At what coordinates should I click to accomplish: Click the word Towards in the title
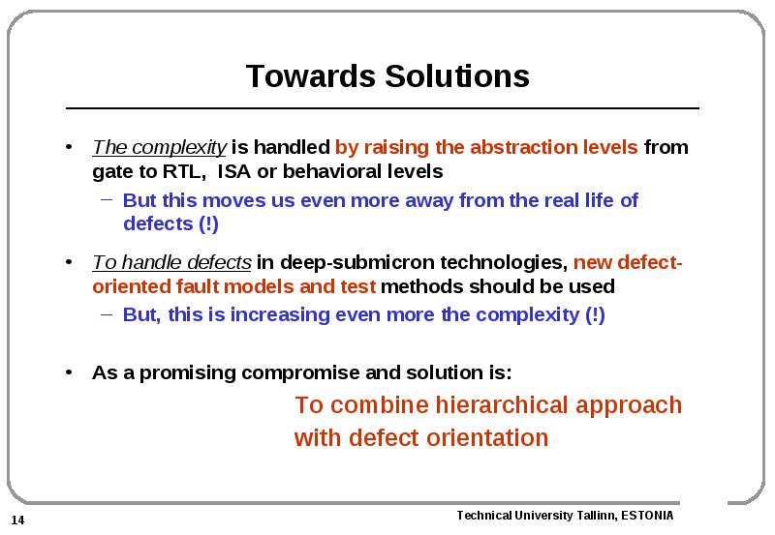point(311,76)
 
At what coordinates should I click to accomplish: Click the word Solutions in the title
point(457,76)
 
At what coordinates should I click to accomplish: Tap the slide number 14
point(17,520)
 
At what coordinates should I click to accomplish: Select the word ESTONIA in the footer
point(647,516)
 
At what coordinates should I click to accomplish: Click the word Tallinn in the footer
point(597,516)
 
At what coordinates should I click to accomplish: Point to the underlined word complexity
point(179,148)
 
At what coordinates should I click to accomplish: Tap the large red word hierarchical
point(502,404)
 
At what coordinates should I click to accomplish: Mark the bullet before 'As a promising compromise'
point(69,372)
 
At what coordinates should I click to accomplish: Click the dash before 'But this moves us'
point(107,199)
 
